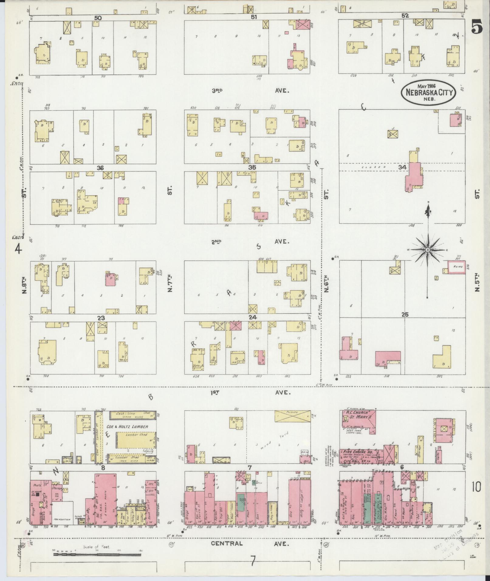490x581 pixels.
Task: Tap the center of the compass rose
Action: click(x=427, y=250)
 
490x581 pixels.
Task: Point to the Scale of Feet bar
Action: click(x=97, y=554)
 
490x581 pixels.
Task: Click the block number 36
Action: click(x=100, y=168)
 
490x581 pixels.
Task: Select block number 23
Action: click(x=101, y=318)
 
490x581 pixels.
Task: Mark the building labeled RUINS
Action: click(x=457, y=267)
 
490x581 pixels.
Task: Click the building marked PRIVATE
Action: click(x=293, y=416)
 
